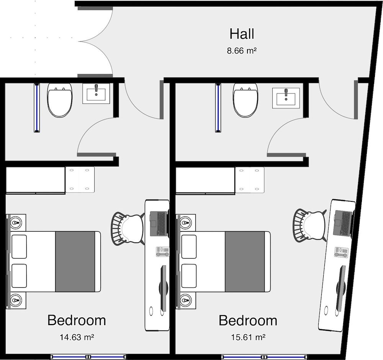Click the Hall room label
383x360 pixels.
[242, 34]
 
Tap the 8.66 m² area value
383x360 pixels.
[242, 51]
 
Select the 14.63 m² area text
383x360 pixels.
[77, 337]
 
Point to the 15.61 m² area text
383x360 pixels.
[248, 337]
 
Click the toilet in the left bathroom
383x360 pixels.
[60, 100]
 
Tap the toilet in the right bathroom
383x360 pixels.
[246, 100]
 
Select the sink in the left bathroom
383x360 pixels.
[96, 93]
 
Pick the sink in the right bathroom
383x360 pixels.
[286, 98]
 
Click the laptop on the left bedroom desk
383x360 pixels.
[158, 224]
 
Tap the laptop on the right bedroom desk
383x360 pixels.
[343, 223]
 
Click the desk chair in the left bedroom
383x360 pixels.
[128, 228]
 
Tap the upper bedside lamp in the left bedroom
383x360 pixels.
[16, 223]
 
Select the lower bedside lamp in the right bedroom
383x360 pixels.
[186, 299]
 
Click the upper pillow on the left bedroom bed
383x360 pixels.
[19, 247]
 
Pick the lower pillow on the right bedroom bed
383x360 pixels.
[189, 276]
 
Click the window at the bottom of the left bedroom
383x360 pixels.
[88, 357]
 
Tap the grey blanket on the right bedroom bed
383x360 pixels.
[245, 262]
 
